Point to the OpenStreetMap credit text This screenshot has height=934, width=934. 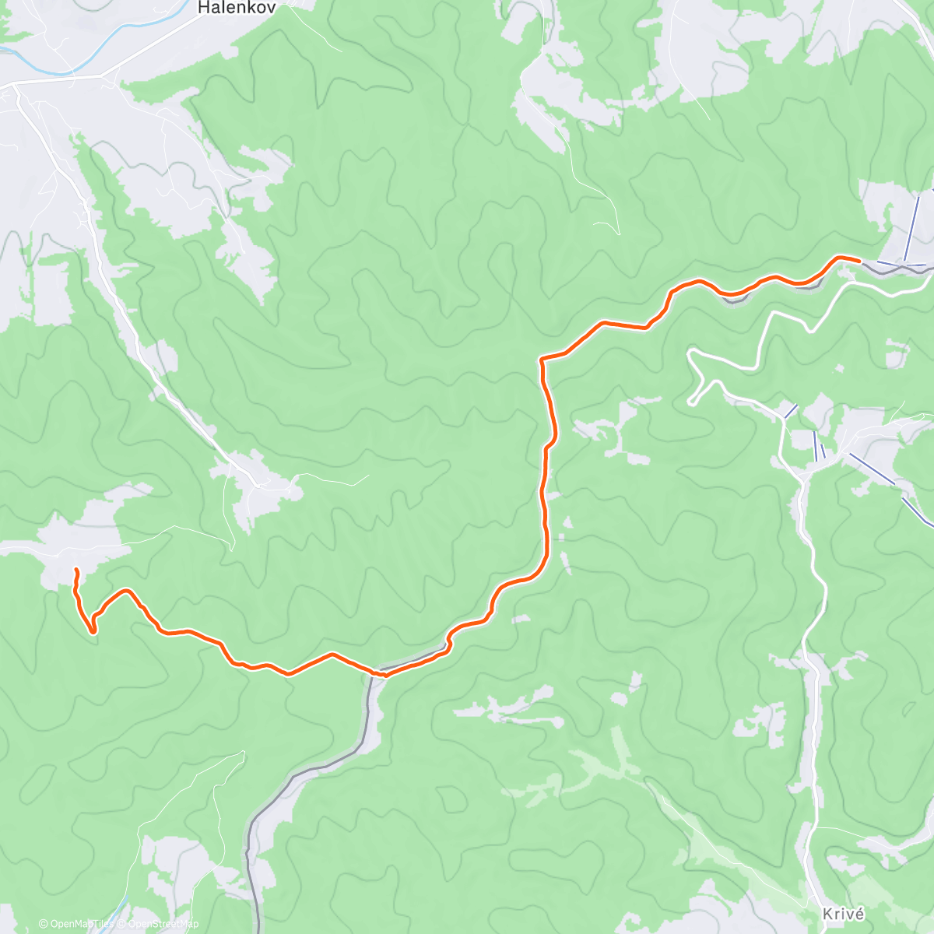pyautogui.click(x=163, y=924)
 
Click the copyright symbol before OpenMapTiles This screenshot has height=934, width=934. pyautogui.click(x=44, y=924)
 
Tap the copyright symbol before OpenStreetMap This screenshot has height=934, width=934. pyautogui.click(x=121, y=924)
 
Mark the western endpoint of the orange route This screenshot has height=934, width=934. pyautogui.click(x=75, y=571)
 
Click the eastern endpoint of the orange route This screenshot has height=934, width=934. pyautogui.click(x=858, y=260)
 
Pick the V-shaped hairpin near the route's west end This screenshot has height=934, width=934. pyautogui.click(x=93, y=632)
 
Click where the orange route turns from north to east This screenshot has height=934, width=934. pyautogui.click(x=542, y=360)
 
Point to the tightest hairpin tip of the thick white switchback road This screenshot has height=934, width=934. pyautogui.click(x=690, y=402)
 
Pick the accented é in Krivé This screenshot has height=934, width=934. pyautogui.click(x=859, y=914)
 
